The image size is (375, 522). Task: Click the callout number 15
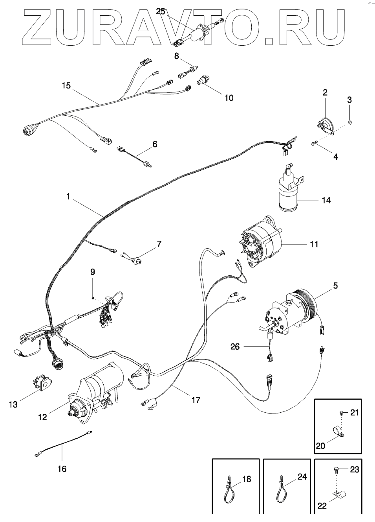[x=66, y=85]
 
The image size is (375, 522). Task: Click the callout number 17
[x=196, y=400]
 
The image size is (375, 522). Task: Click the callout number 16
[x=62, y=469]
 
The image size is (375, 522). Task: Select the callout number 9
[x=93, y=271]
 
